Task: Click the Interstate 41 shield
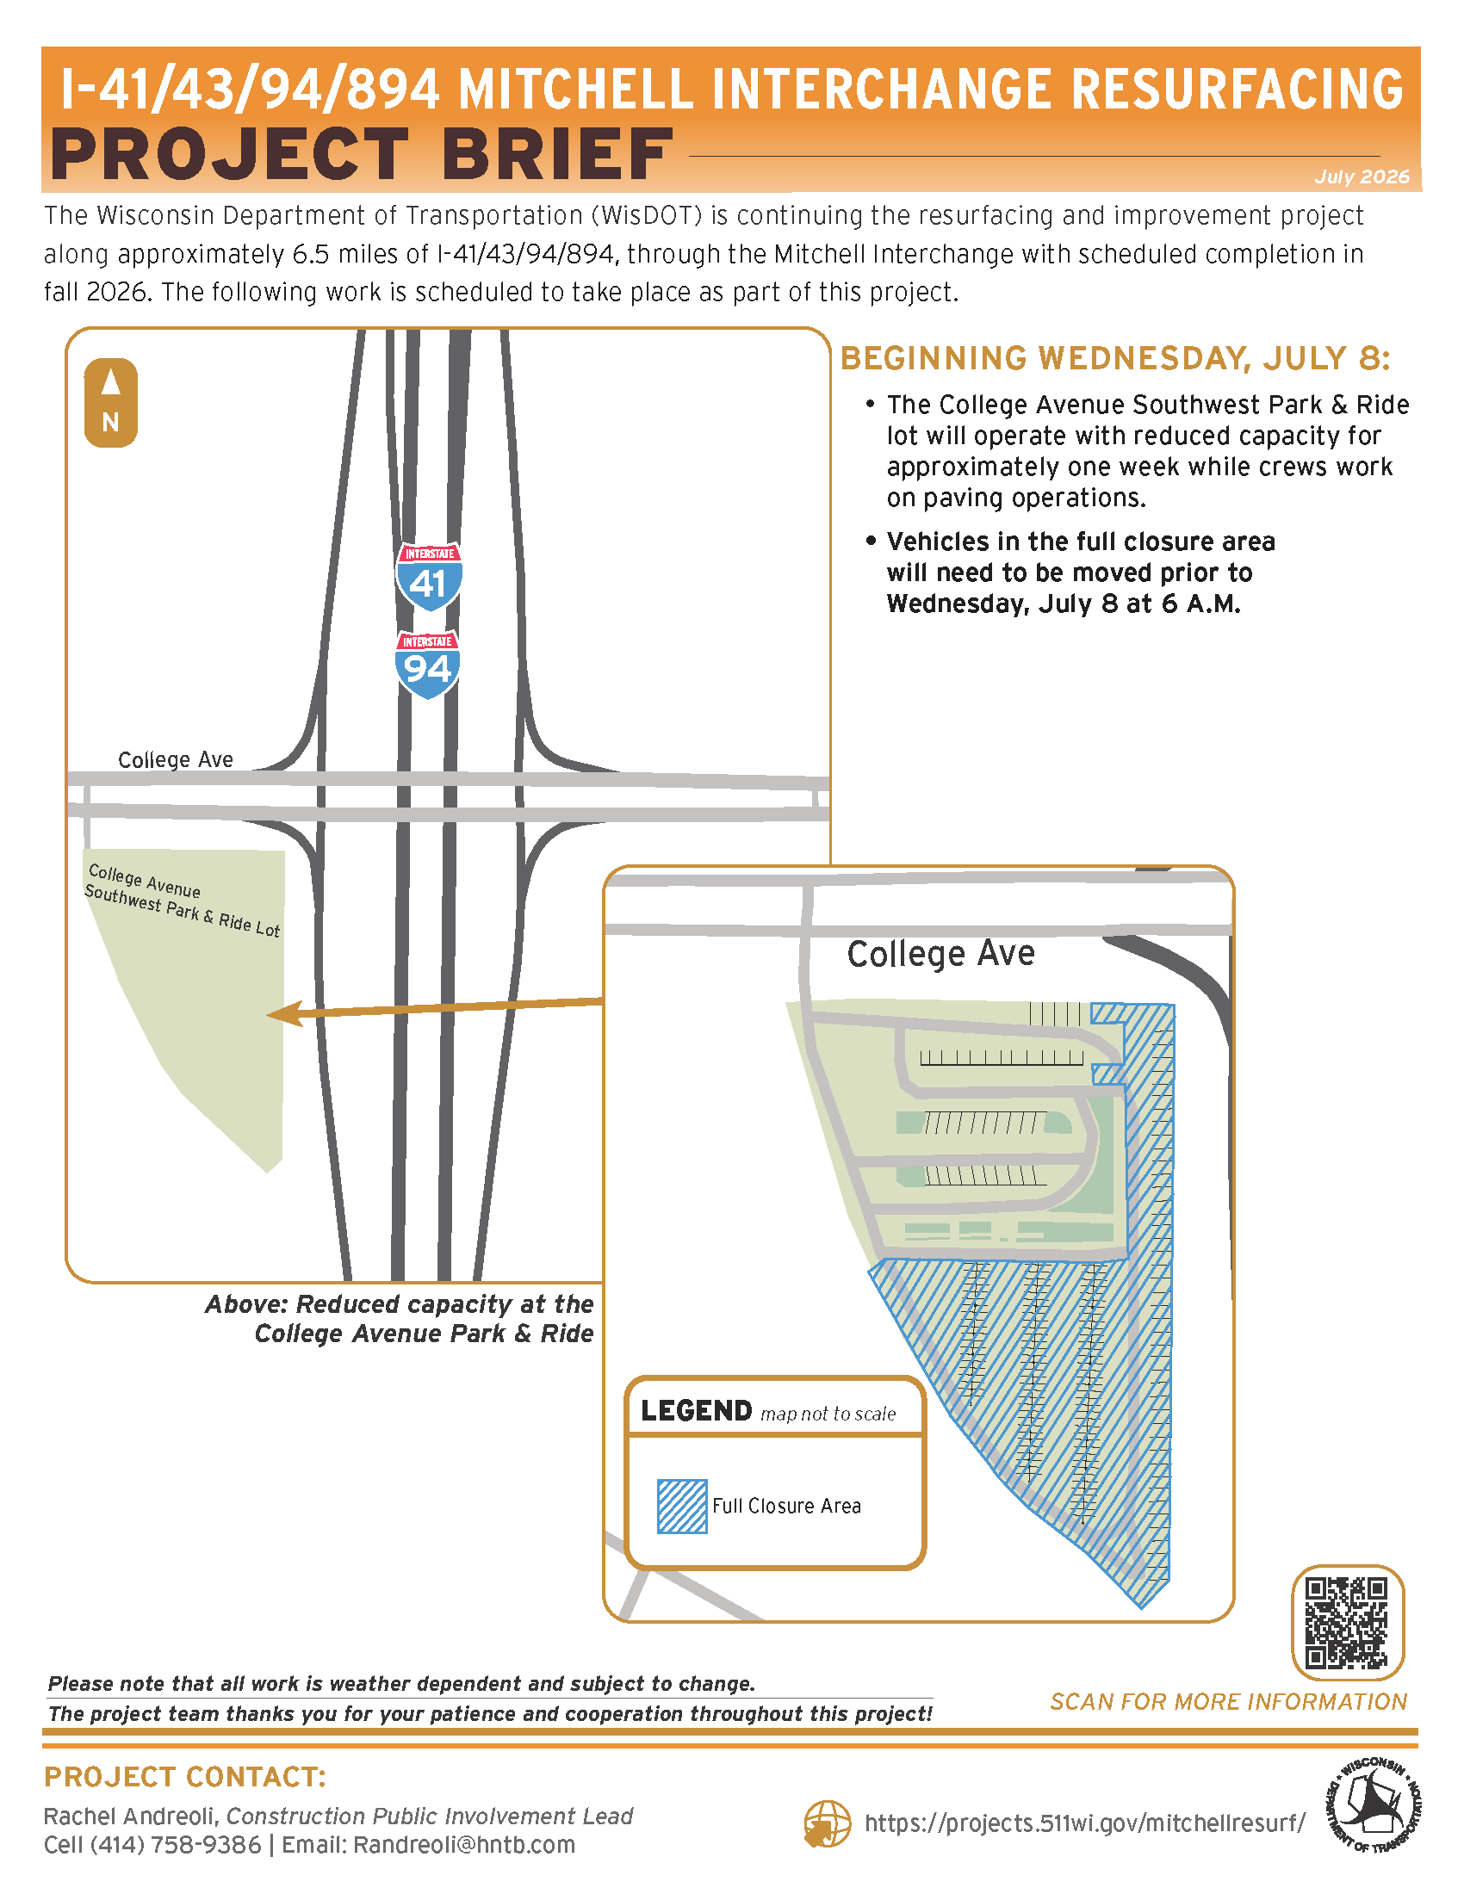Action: pos(429,577)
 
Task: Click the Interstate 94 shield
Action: pos(428,665)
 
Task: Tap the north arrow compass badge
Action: pos(111,402)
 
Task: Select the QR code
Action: pos(1347,1623)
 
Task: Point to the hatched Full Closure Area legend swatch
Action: pos(682,1507)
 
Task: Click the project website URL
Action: pos(1085,1823)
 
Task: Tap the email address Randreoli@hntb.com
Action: pos(464,1845)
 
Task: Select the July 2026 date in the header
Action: pos(1362,176)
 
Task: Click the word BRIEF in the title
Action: pos(557,154)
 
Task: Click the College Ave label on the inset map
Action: pos(941,954)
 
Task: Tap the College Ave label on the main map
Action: pos(175,759)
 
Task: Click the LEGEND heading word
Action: pos(697,1411)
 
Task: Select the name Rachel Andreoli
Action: pos(131,1816)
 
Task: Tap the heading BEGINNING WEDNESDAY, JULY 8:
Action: pos(1115,358)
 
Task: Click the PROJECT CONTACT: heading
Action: pos(185,1777)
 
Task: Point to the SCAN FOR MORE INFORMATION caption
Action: pos(1228,1701)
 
